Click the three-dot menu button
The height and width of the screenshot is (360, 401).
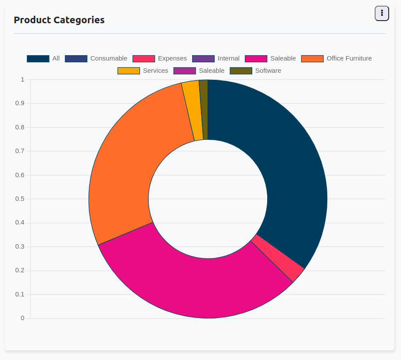coord(382,14)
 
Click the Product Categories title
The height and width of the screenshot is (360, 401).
coord(59,20)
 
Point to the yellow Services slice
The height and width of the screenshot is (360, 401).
coord(192,111)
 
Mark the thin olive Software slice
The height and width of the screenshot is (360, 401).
coord(204,110)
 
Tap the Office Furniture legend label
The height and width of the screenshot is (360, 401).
coord(349,58)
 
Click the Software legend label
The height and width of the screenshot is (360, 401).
coord(268,71)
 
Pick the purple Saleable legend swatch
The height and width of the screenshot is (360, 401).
coord(185,71)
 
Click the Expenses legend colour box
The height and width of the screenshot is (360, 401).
coord(144,59)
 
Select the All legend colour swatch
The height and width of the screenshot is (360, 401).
coord(38,59)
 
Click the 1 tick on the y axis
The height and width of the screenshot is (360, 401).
coord(22,79)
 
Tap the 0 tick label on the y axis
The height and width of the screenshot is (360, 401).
coord(22,318)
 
